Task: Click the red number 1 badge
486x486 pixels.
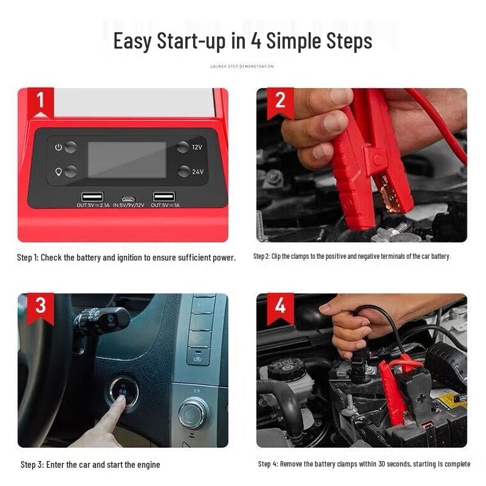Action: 41,100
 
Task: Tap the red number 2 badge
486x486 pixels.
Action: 280,100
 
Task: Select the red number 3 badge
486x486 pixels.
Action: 41,306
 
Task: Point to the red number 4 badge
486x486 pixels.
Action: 280,306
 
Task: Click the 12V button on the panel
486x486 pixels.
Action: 183,147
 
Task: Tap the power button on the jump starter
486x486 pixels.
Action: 70,147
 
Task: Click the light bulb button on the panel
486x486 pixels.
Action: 70,171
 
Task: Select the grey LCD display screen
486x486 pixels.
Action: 127,160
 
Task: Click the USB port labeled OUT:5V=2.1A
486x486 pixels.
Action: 92,196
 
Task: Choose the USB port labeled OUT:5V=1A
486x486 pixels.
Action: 164,196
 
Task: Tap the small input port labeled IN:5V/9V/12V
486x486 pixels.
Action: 128,197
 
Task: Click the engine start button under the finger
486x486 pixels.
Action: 123,392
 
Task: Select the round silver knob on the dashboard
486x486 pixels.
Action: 194,414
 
